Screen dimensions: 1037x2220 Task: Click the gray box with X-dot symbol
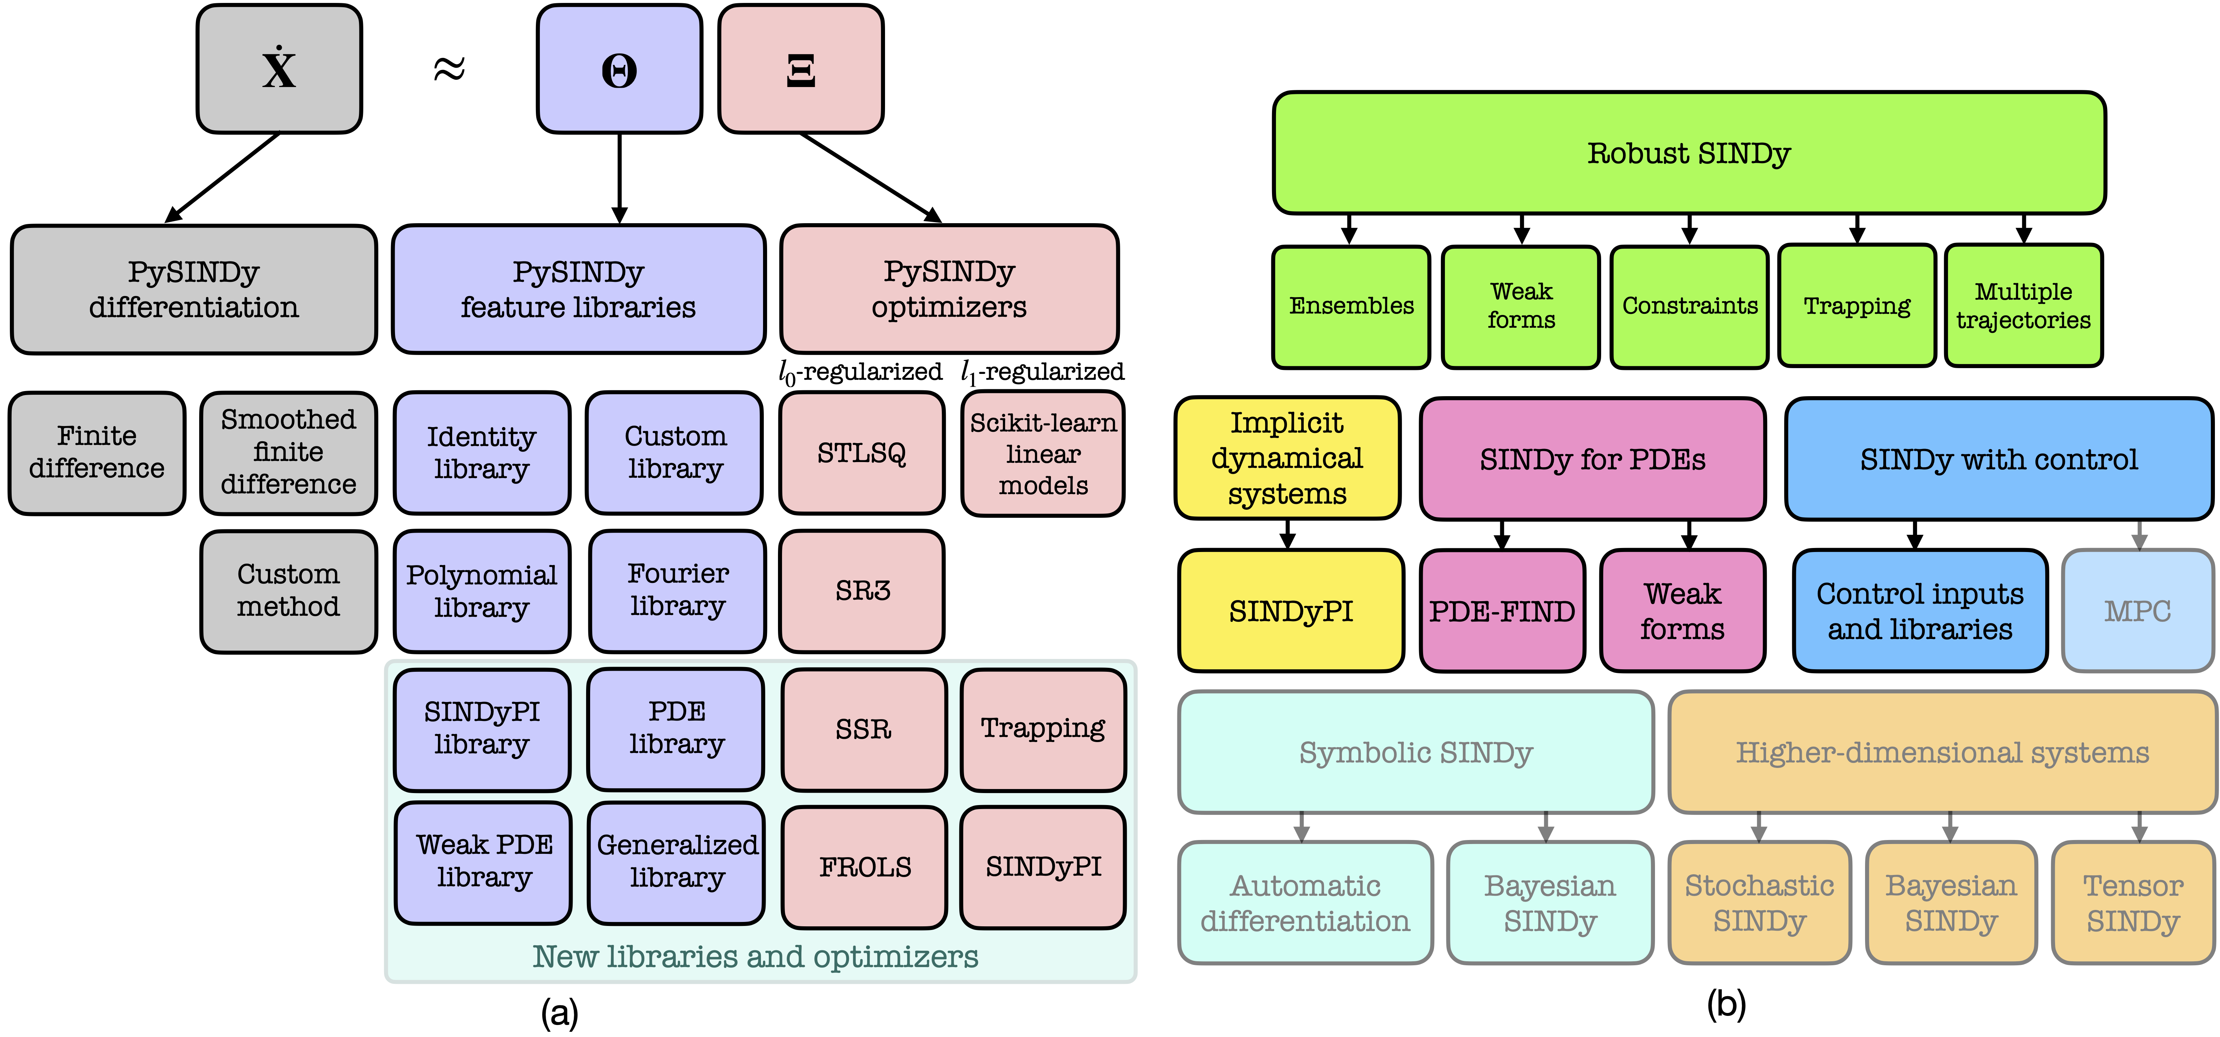(279, 69)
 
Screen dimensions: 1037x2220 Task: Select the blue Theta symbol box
(619, 69)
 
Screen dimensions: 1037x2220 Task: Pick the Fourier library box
(678, 591)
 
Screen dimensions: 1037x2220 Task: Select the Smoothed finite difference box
(288, 453)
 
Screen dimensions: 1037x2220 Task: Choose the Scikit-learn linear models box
(1043, 453)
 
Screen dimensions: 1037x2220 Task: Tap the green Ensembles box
(1350, 306)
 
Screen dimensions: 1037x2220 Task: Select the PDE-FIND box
(1501, 611)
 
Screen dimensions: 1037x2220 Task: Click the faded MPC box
(2137, 611)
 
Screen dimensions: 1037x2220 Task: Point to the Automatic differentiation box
(1305, 903)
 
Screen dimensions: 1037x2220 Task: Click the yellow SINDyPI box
(1290, 611)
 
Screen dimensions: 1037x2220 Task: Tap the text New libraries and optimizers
(755, 957)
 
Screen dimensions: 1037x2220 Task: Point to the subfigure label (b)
(1726, 1004)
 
